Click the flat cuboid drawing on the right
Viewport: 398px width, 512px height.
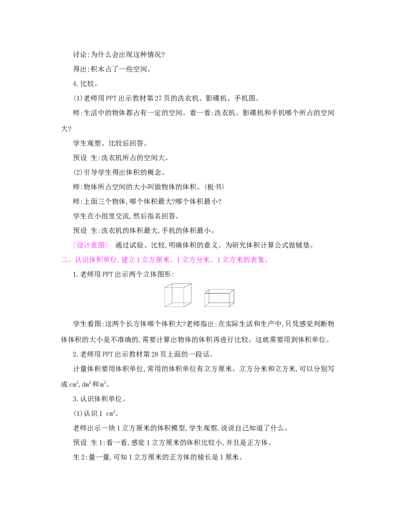[219, 298]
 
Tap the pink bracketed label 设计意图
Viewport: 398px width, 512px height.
[91, 245]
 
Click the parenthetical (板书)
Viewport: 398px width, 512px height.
[214, 187]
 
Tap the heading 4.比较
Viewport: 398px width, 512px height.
[85, 84]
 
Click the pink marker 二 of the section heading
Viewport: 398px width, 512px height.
[64, 260]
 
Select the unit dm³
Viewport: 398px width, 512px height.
[86, 384]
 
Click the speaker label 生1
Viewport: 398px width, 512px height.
[97, 442]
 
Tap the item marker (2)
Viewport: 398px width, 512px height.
[78, 172]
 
